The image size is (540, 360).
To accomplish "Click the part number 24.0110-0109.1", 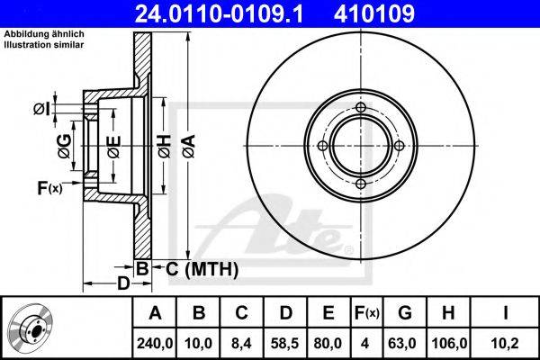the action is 219,13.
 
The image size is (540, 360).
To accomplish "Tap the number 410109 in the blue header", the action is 374,13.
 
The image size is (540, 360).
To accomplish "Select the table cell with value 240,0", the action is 155,344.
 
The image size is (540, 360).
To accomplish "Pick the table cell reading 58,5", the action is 284,344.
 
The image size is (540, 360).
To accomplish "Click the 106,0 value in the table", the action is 448,344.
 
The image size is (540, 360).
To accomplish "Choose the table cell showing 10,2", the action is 505,344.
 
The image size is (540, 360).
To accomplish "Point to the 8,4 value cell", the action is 241,344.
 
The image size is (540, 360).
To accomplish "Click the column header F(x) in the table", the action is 366,313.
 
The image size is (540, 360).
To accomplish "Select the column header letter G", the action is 405,313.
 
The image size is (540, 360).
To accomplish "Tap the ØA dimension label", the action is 189,147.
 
